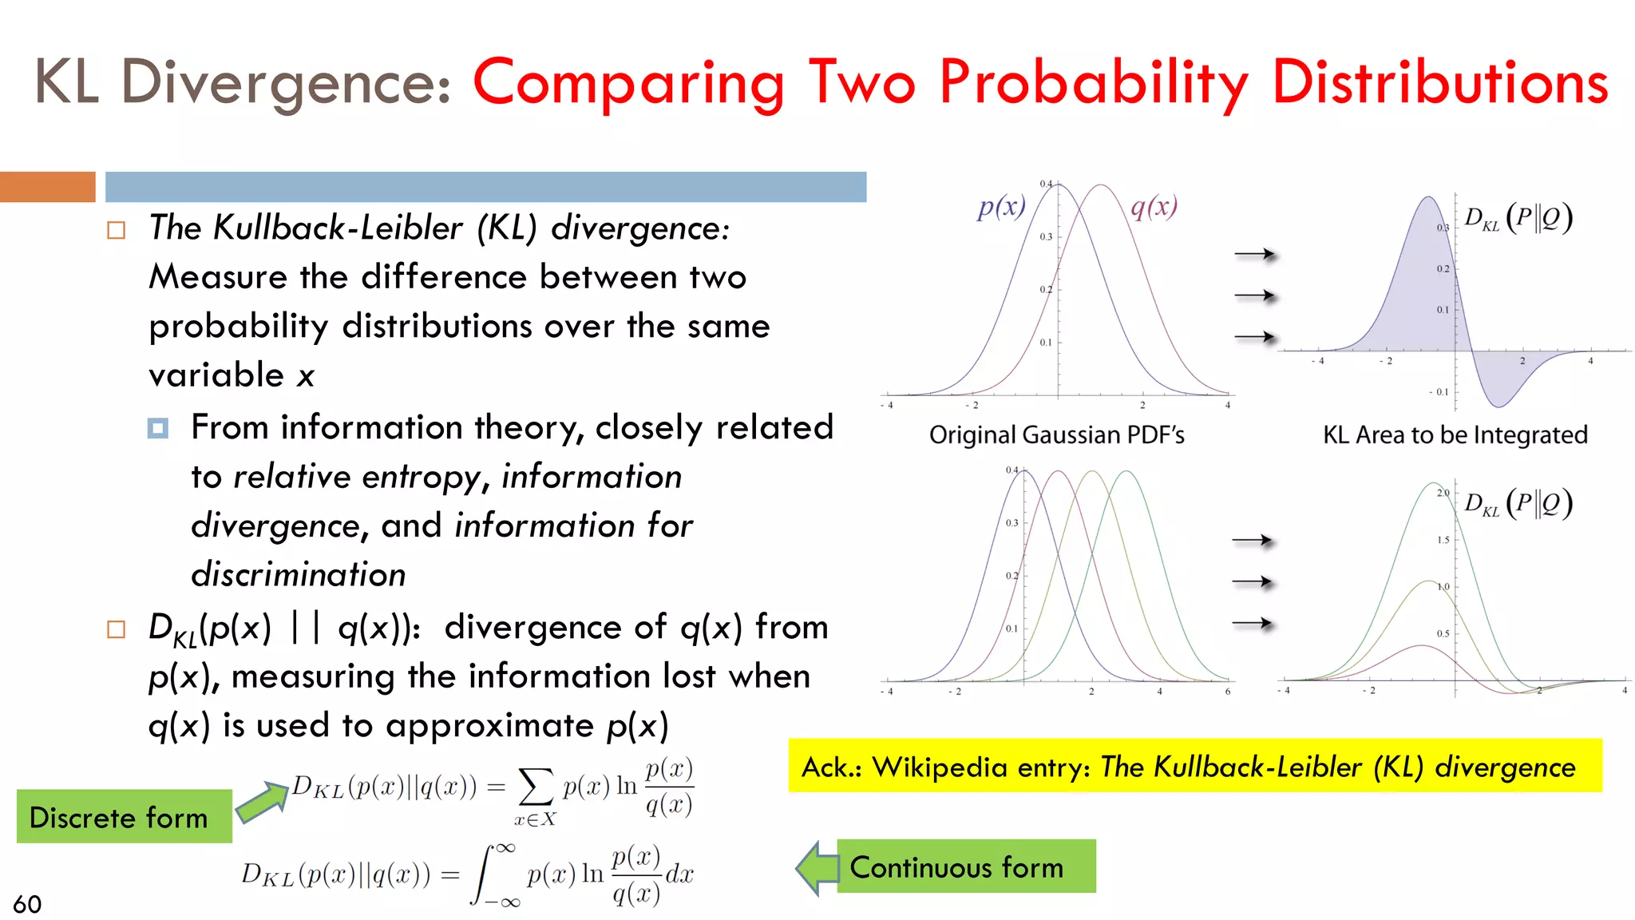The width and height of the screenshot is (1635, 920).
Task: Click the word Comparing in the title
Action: [x=628, y=84]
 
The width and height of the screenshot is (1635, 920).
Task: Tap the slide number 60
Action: [x=27, y=904]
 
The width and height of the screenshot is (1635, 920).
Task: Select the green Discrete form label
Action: [x=124, y=817]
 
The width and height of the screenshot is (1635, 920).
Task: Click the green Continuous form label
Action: [x=965, y=866]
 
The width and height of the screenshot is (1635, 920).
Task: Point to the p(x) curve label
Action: [x=1001, y=207]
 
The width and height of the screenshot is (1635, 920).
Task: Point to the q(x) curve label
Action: [x=1154, y=207]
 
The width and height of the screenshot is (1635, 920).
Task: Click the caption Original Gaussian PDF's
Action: [x=1056, y=435]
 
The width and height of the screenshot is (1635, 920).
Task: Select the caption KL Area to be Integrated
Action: [x=1455, y=435]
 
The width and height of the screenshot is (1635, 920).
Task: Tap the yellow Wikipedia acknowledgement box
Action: [x=1194, y=766]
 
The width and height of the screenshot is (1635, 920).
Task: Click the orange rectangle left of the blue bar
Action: [x=47, y=187]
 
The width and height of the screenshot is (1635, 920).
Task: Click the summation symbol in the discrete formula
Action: [x=536, y=787]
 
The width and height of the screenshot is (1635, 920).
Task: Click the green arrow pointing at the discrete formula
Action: [x=262, y=802]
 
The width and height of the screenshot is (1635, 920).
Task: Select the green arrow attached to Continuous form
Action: [x=817, y=867]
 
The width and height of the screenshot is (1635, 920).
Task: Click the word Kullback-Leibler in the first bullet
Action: [x=338, y=228]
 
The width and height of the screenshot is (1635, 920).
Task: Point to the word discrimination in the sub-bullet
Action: [x=299, y=575]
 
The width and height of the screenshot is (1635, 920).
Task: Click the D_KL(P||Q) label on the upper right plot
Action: [x=1518, y=217]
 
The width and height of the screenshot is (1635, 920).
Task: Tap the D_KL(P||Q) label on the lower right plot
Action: [x=1518, y=503]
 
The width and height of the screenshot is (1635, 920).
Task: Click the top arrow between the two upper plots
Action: [x=1254, y=255]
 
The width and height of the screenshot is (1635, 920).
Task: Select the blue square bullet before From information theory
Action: [x=158, y=429]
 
